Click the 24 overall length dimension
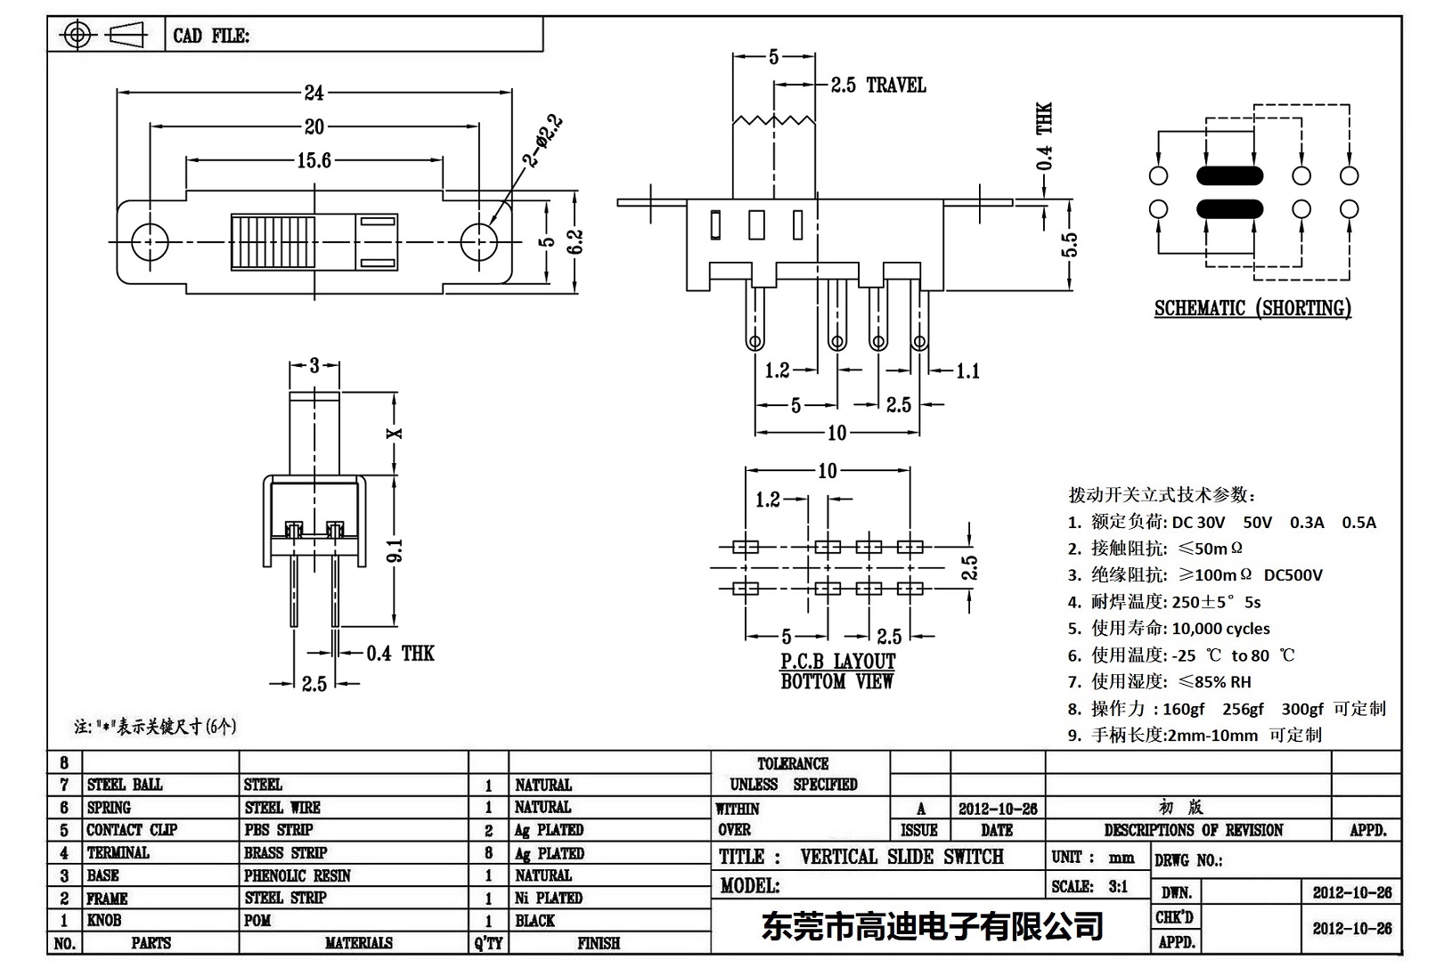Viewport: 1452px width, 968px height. pos(314,92)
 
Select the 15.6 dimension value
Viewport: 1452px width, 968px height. pos(314,160)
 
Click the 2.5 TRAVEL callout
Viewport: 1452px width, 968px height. pos(878,85)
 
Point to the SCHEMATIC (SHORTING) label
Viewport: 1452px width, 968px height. pos(1252,308)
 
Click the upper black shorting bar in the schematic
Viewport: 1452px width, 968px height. pos(1230,175)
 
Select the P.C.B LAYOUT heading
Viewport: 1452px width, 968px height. pos(837,662)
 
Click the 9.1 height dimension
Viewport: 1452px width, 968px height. pos(396,550)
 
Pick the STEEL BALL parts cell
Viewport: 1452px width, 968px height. pos(125,785)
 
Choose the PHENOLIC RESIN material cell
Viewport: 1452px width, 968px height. pos(298,875)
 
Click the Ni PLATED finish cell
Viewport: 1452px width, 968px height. pos(549,898)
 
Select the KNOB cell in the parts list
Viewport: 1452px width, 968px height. pos(104,920)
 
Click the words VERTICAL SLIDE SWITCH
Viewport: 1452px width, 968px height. pos(901,857)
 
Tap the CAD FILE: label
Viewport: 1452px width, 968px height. pos(211,36)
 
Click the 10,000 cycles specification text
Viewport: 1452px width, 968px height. pos(1220,629)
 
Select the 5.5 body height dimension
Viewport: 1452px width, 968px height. pos(1070,244)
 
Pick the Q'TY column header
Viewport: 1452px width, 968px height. pos(488,943)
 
